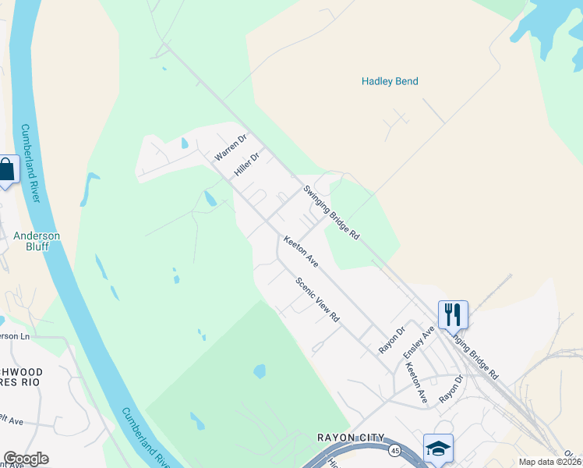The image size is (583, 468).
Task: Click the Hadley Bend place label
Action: click(x=390, y=81)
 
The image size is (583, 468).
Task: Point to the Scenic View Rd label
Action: click(x=318, y=300)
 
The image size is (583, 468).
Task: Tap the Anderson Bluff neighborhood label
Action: click(x=37, y=241)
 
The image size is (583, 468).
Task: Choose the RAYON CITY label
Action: click(x=351, y=438)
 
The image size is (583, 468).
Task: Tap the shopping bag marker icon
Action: click(x=6, y=170)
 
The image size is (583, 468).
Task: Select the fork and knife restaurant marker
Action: click(x=453, y=315)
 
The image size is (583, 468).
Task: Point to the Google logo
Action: click(x=26, y=459)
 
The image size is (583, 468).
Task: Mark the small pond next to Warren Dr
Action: click(x=184, y=144)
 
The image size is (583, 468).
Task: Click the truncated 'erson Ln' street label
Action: click(x=14, y=336)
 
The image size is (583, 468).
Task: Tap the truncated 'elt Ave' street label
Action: click(x=12, y=421)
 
